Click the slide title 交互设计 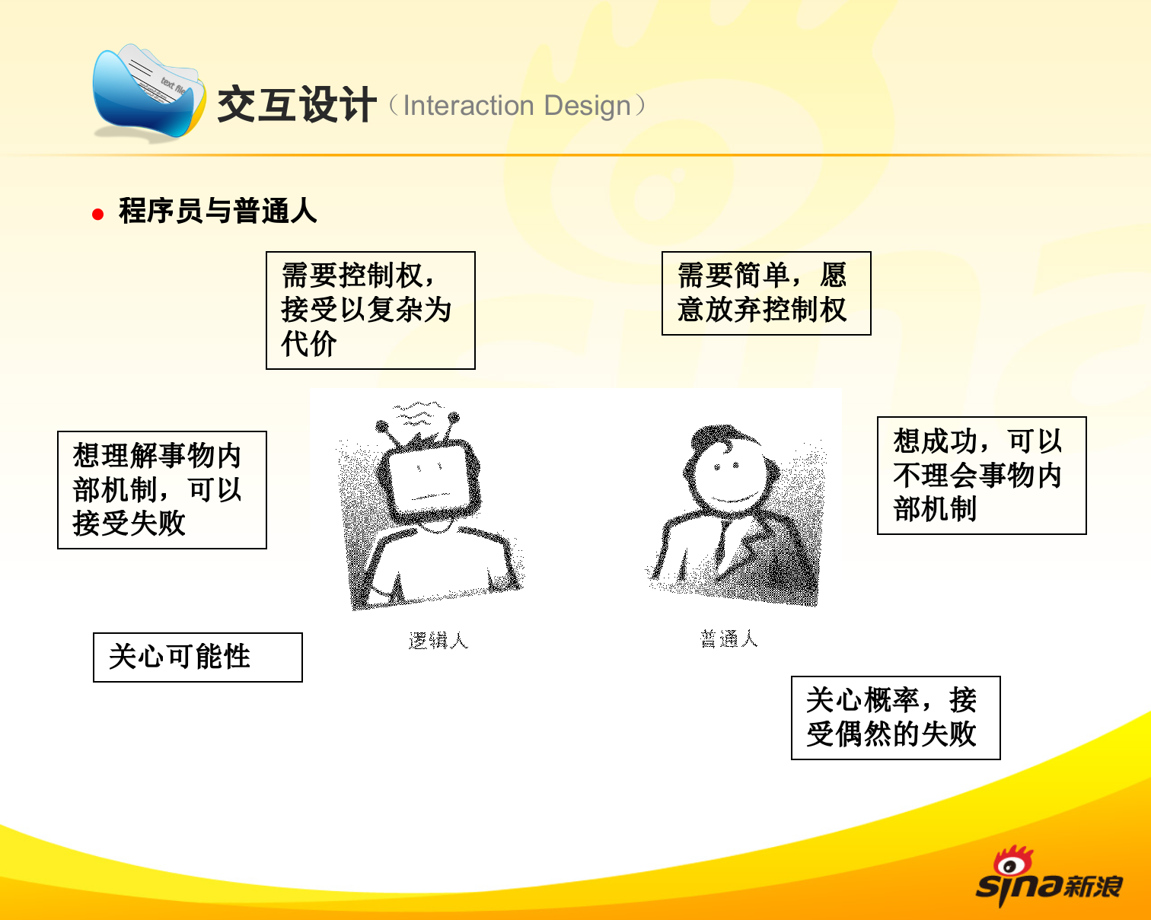296,104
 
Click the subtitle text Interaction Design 517,106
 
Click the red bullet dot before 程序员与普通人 97,215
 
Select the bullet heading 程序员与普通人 218,211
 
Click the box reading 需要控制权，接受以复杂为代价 370,310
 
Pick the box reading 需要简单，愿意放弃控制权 766,293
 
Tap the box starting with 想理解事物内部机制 162,489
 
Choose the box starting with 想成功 981,475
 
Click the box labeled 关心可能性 197,657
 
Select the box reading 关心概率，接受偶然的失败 895,718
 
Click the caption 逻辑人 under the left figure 438,641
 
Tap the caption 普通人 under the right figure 729,638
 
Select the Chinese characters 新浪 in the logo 1094,886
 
